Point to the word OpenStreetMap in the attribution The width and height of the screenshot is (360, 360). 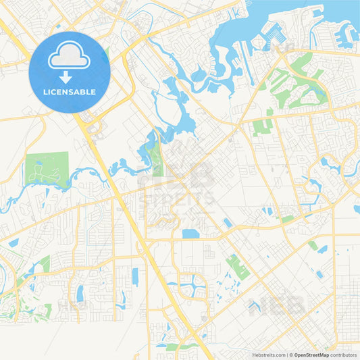pos(311,354)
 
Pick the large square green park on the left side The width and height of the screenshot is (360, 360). pos(46,169)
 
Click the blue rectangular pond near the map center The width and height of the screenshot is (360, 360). pos(190,234)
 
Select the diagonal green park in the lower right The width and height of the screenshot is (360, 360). pos(237,267)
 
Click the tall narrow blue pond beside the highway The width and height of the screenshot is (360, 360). pos(135,276)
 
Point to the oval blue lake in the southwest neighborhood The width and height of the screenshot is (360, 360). pos(80,293)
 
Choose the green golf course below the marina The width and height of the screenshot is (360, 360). pos(297,84)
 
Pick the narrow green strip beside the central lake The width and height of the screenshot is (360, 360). pos(157,159)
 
